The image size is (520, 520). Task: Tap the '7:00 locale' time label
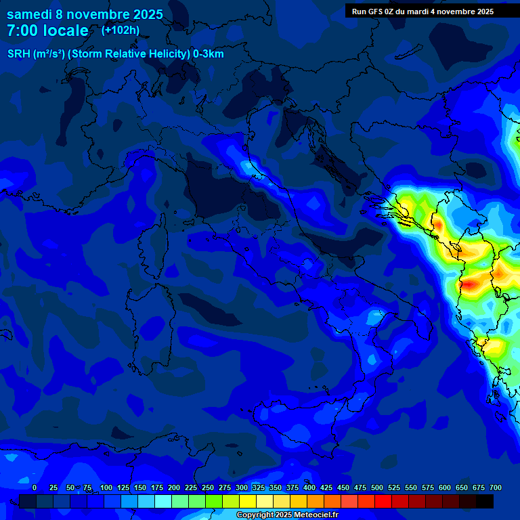[47, 30]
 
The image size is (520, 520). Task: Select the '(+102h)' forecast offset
[121, 30]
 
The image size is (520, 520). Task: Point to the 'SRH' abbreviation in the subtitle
[19, 54]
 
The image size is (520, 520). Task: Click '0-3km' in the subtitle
[208, 54]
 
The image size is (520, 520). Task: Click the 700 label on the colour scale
[495, 487]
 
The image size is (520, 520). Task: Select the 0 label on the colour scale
[35, 487]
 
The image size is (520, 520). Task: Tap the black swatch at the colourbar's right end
[485, 501]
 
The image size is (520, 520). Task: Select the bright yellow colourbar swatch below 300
[248, 501]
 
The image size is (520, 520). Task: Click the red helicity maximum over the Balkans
[467, 284]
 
